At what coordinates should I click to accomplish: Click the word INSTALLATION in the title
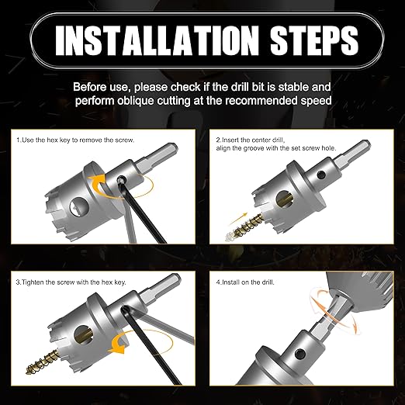tap(157, 40)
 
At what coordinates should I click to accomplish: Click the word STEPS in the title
tap(314, 40)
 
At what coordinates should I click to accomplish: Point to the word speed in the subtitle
tap(316, 101)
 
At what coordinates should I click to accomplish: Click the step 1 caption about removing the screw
tap(75, 140)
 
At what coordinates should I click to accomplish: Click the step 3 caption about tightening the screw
tap(71, 282)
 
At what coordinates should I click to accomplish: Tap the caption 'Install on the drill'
tap(245, 282)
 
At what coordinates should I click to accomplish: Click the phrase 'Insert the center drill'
tap(251, 140)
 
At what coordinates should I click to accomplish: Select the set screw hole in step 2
tap(321, 175)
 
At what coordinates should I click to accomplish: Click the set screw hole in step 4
tap(300, 353)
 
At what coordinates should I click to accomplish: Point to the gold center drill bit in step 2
tap(247, 224)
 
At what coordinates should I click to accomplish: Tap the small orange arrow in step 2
tap(238, 219)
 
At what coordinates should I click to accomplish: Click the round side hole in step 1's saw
tap(79, 206)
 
